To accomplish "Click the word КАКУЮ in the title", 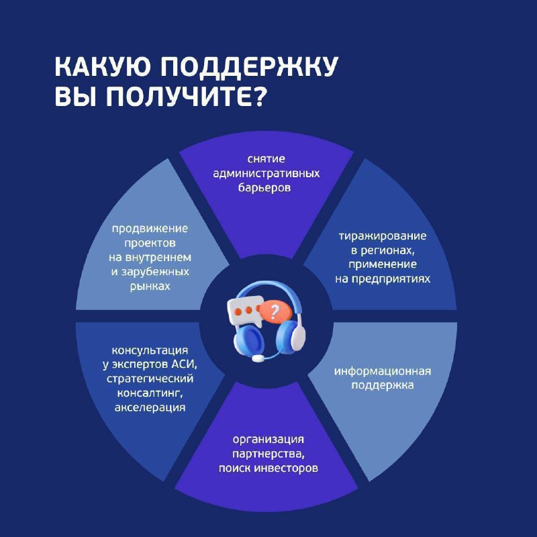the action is click(102, 66).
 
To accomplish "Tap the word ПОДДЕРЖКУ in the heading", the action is click(249, 68).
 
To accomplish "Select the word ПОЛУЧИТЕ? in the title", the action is click(186, 96).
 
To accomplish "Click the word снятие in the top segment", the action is click(266, 159).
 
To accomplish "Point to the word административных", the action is click(266, 174).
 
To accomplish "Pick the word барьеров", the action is click(264, 188).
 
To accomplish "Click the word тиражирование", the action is click(383, 236).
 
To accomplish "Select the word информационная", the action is click(382, 371).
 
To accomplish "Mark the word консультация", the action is click(150, 350).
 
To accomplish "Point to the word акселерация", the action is click(150, 407).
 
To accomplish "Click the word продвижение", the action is click(150, 229).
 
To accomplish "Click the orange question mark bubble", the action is click(275, 311).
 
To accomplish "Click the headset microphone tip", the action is click(258, 358).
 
